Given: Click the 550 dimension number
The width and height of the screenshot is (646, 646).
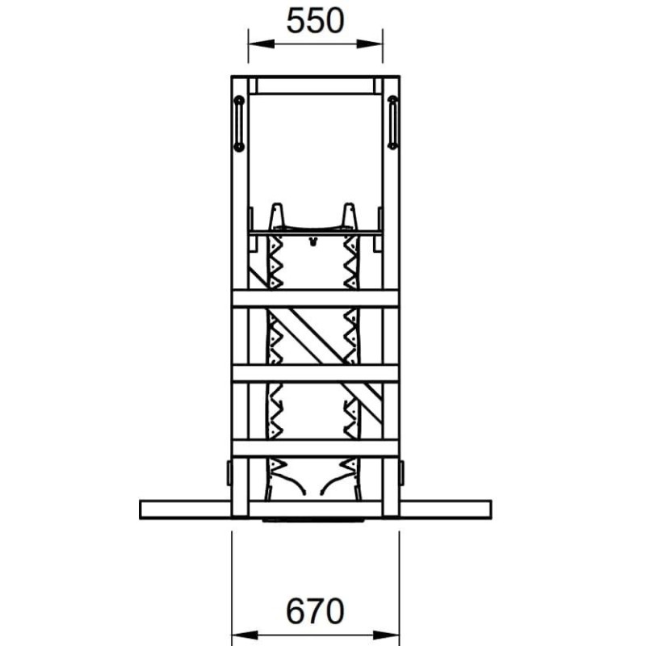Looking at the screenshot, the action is point(315,21).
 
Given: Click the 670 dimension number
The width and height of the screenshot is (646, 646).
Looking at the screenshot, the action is point(315,611).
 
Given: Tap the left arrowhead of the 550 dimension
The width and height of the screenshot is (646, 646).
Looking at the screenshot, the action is point(261,44).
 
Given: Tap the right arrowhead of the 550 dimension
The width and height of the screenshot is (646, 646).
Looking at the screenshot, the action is point(370,44).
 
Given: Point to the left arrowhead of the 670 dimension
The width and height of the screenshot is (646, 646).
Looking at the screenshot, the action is point(245,635).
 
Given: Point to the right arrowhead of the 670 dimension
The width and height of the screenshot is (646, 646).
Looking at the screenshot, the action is point(386,635).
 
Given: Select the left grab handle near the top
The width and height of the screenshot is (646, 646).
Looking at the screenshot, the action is point(238,124).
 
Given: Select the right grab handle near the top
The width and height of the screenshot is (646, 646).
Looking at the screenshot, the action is point(392,123).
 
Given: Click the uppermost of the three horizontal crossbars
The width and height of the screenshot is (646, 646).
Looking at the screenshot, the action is point(316,299).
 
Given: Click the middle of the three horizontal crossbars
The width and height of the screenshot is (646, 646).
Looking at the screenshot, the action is point(316,373).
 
